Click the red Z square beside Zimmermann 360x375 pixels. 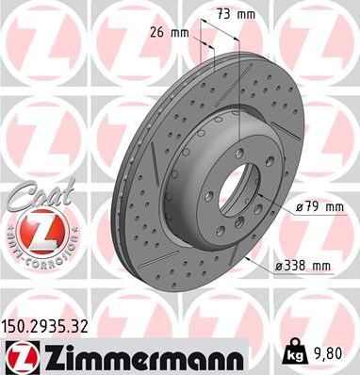click(x=18, y=356)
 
